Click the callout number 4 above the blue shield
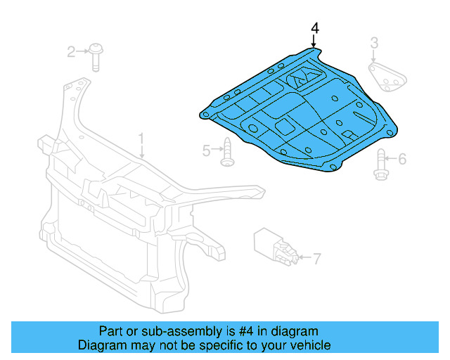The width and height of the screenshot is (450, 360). (315, 28)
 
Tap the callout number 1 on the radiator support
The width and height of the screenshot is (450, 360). (141, 138)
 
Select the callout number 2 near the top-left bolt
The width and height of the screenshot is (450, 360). (71, 51)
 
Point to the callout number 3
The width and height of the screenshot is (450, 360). (375, 44)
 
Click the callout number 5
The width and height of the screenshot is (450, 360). (207, 150)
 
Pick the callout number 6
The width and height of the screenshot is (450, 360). (402, 160)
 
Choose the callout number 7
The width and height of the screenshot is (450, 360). (316, 257)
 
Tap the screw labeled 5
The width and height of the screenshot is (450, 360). (227, 153)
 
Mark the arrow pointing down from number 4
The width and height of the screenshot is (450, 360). (314, 42)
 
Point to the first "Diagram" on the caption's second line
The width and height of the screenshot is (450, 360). (99, 345)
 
